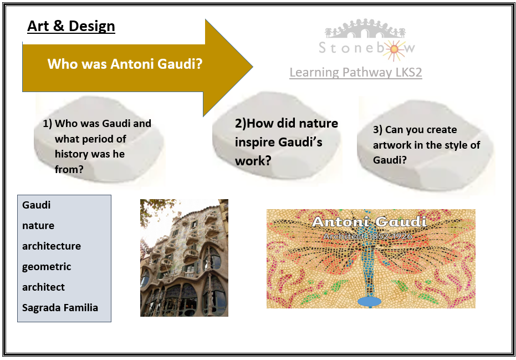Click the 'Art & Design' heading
point(71,26)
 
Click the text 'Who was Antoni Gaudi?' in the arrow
point(125,64)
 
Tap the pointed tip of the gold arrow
point(252,67)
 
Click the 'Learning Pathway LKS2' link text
point(356,72)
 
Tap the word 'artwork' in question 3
point(390,145)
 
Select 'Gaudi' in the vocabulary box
point(36,205)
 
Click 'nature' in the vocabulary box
point(38,226)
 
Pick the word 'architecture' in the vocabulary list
point(52,246)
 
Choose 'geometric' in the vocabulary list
point(47,267)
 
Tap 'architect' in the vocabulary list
point(43,287)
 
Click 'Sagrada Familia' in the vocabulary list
point(60,308)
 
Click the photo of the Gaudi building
point(184,258)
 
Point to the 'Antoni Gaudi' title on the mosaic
point(369,222)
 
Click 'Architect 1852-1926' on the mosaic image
point(367,236)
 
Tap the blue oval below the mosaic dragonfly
point(369,301)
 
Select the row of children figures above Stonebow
point(365,29)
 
